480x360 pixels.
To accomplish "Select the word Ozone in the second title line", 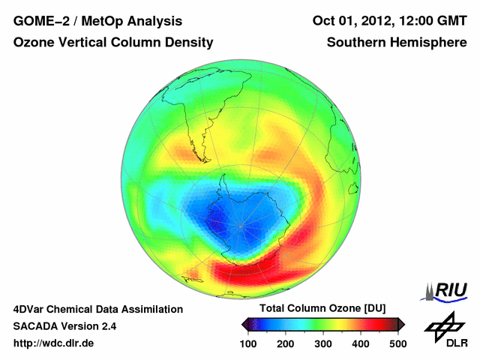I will (34, 43).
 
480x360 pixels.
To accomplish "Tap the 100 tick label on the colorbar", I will (249, 343).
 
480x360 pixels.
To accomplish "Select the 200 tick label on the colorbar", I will (286, 343).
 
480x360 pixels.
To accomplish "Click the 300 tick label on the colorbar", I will (323, 343).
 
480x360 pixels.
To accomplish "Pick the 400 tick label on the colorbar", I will (360, 343).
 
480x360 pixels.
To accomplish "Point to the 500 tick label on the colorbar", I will (397, 343).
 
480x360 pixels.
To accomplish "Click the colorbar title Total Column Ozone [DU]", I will (322, 309).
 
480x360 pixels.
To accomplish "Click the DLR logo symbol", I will (444, 325).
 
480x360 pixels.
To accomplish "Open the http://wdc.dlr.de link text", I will (54, 343).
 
